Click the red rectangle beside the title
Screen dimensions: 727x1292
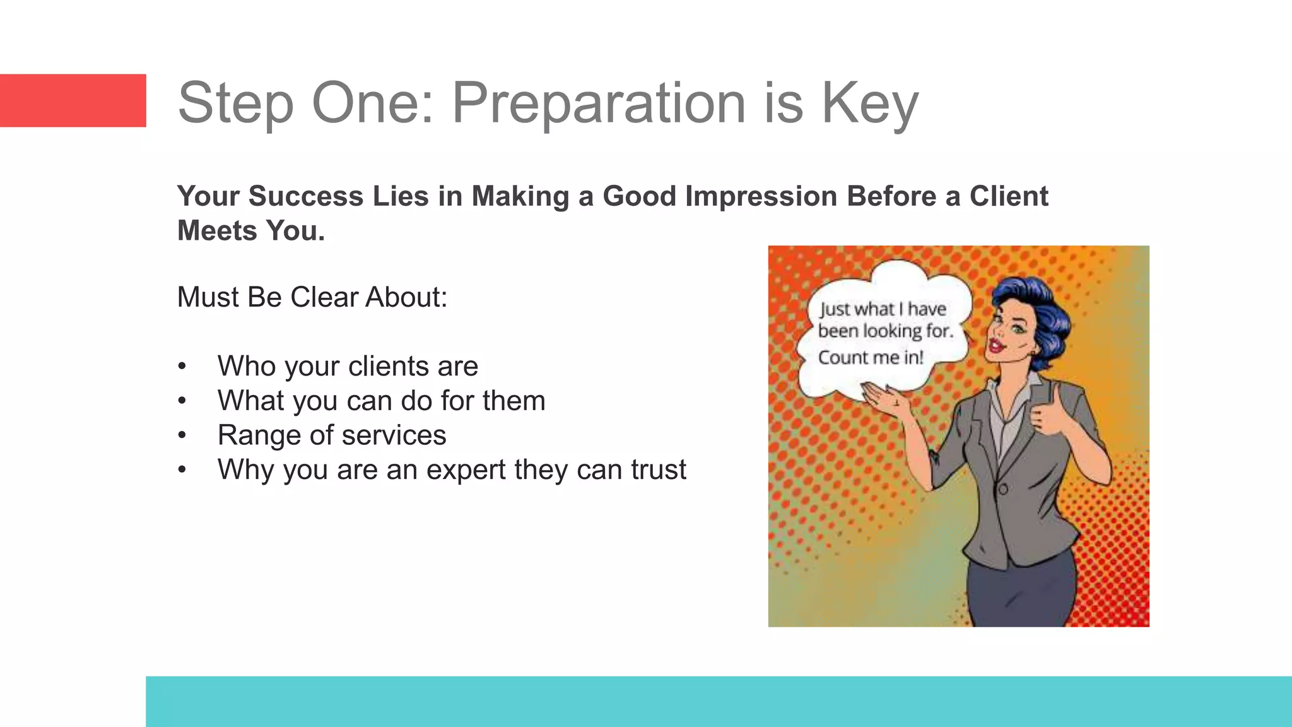tap(73, 100)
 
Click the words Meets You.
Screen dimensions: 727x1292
tap(251, 231)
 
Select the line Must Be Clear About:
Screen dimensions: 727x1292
tap(312, 297)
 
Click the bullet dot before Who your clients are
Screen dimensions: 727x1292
tap(182, 367)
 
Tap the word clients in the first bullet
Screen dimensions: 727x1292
tap(388, 367)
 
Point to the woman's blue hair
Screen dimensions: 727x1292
tap(1041, 309)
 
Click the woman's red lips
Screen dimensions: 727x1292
tap(997, 345)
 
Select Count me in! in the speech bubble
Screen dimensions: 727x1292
tap(871, 358)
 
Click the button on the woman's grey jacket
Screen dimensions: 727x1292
tap(1002, 489)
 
